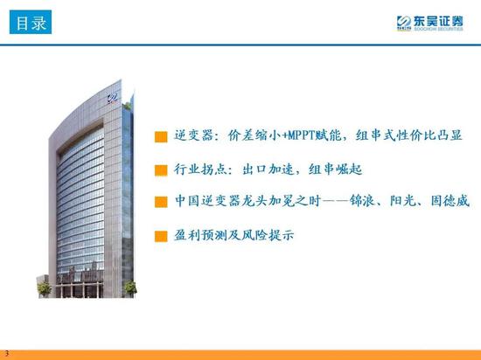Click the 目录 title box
coord(31,22)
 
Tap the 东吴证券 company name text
coord(438,21)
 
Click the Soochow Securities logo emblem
coord(403,22)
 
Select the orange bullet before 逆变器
coord(161,137)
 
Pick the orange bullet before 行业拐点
coord(161,170)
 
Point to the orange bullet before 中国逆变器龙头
coord(161,202)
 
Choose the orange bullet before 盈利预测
coord(161,237)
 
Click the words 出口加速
coord(268,170)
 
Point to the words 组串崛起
coord(336,170)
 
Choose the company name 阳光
coord(402,201)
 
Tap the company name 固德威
coord(450,201)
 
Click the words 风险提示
coord(268,235)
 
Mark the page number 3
coord(7,354)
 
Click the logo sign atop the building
coord(112,99)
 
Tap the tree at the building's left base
coord(44,289)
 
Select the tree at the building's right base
coord(130,289)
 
